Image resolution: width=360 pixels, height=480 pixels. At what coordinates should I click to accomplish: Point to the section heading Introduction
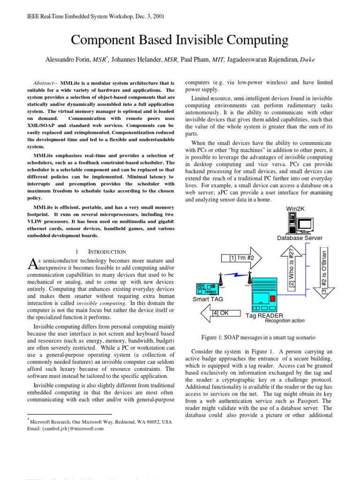104,252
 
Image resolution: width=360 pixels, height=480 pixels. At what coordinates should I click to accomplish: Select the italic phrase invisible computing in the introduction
110,303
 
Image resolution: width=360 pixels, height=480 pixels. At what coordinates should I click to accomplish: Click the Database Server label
300,238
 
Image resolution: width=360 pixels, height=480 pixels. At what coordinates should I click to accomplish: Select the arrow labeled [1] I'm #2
243,258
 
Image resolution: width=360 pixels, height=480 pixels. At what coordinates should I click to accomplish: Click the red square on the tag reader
273,298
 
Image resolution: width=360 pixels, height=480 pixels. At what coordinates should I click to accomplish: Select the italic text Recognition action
285,321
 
